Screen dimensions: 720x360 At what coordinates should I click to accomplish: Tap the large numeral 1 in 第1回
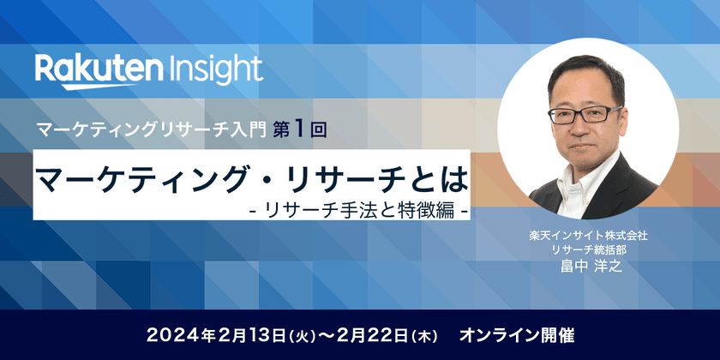(x=298, y=130)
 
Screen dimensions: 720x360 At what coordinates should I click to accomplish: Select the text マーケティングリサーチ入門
(x=152, y=131)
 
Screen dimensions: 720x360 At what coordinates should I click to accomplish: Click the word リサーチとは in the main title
(x=377, y=181)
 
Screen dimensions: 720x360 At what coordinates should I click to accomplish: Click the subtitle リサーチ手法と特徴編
(x=359, y=211)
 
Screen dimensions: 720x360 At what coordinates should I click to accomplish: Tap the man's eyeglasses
(x=585, y=114)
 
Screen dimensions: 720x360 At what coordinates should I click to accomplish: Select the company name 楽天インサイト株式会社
(x=588, y=237)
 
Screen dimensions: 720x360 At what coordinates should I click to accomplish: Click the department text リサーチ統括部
(x=588, y=250)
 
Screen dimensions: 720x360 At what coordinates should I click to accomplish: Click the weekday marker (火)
(x=302, y=336)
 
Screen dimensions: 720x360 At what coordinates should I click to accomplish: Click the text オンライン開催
(x=517, y=335)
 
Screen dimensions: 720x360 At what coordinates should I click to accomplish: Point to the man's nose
(x=584, y=125)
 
